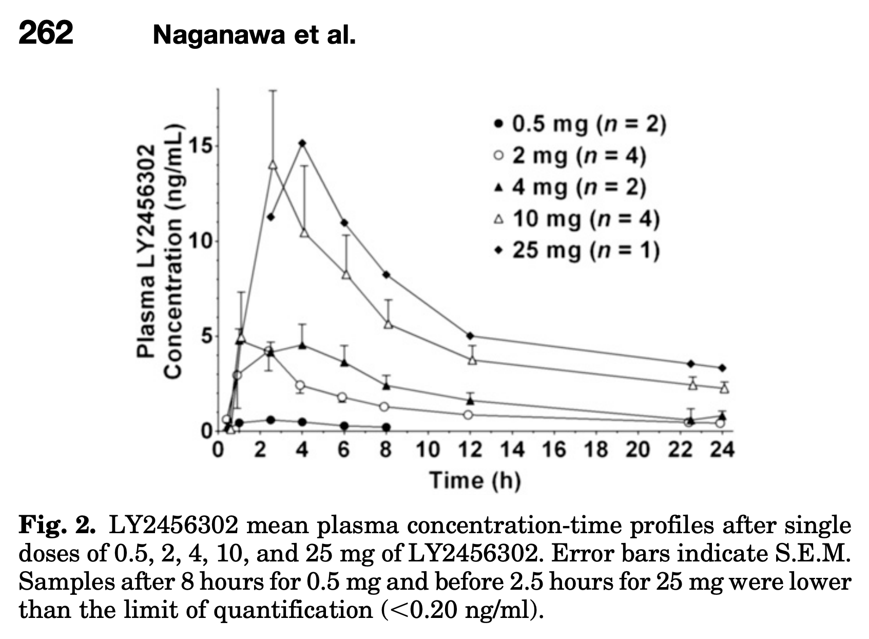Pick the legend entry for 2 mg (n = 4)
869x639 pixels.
570,156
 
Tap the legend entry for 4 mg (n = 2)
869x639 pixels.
570,187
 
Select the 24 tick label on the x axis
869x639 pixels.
722,450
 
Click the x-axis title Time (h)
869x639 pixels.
475,480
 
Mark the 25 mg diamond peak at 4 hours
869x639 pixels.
303,143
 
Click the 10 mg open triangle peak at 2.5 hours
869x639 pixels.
273,165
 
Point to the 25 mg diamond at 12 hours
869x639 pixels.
470,335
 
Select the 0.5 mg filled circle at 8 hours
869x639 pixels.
387,427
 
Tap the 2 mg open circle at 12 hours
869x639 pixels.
468,415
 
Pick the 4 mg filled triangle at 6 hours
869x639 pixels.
345,363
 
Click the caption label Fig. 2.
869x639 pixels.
56,525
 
